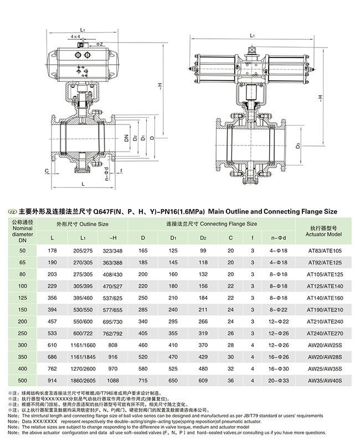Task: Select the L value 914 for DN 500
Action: tap(53, 381)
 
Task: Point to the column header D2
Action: tap(203, 238)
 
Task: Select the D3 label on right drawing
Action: tap(298, 146)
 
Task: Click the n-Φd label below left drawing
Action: tap(106, 176)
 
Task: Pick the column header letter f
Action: tap(252, 238)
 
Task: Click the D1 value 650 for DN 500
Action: tap(173, 381)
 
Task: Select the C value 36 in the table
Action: tap(230, 381)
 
